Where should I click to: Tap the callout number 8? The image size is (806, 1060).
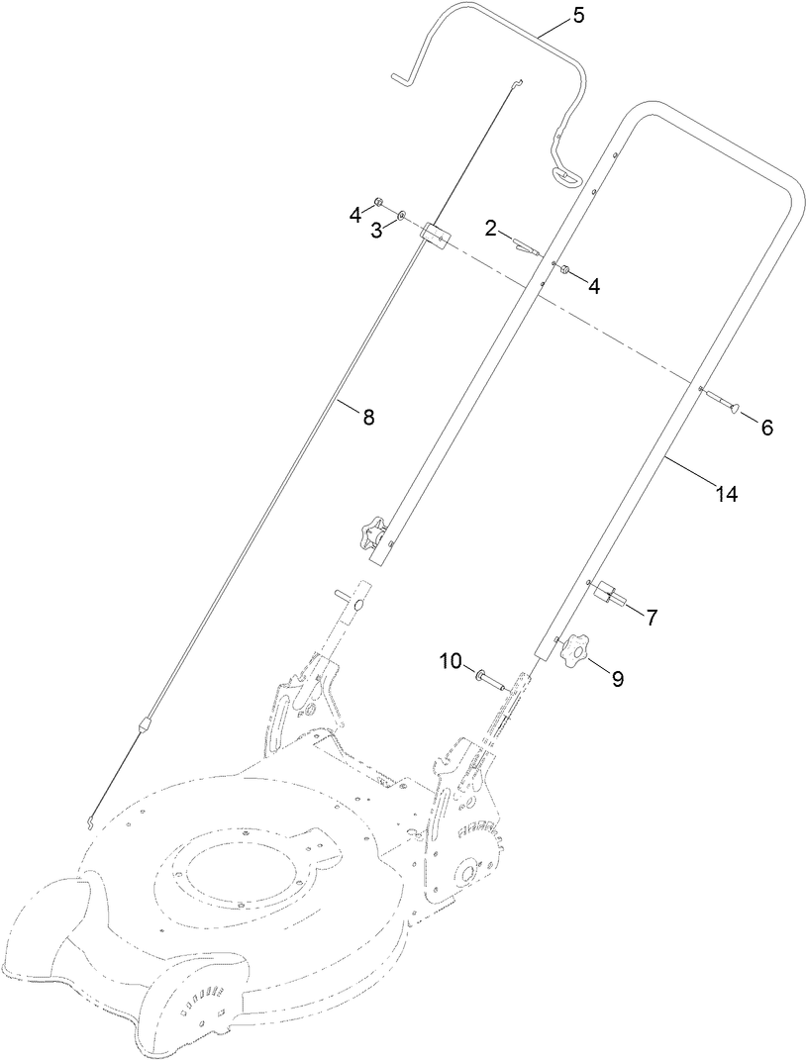368,417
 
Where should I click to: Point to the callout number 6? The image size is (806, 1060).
766,428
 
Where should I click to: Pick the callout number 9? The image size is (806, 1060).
617,679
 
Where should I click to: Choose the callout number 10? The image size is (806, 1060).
451,660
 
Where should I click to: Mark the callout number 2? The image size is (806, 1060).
490,229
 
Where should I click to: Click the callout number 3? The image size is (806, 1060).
376,231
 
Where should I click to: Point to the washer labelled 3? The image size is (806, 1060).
401,214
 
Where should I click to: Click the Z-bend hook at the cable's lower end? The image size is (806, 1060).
91,819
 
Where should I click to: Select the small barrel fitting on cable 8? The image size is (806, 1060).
144,724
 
